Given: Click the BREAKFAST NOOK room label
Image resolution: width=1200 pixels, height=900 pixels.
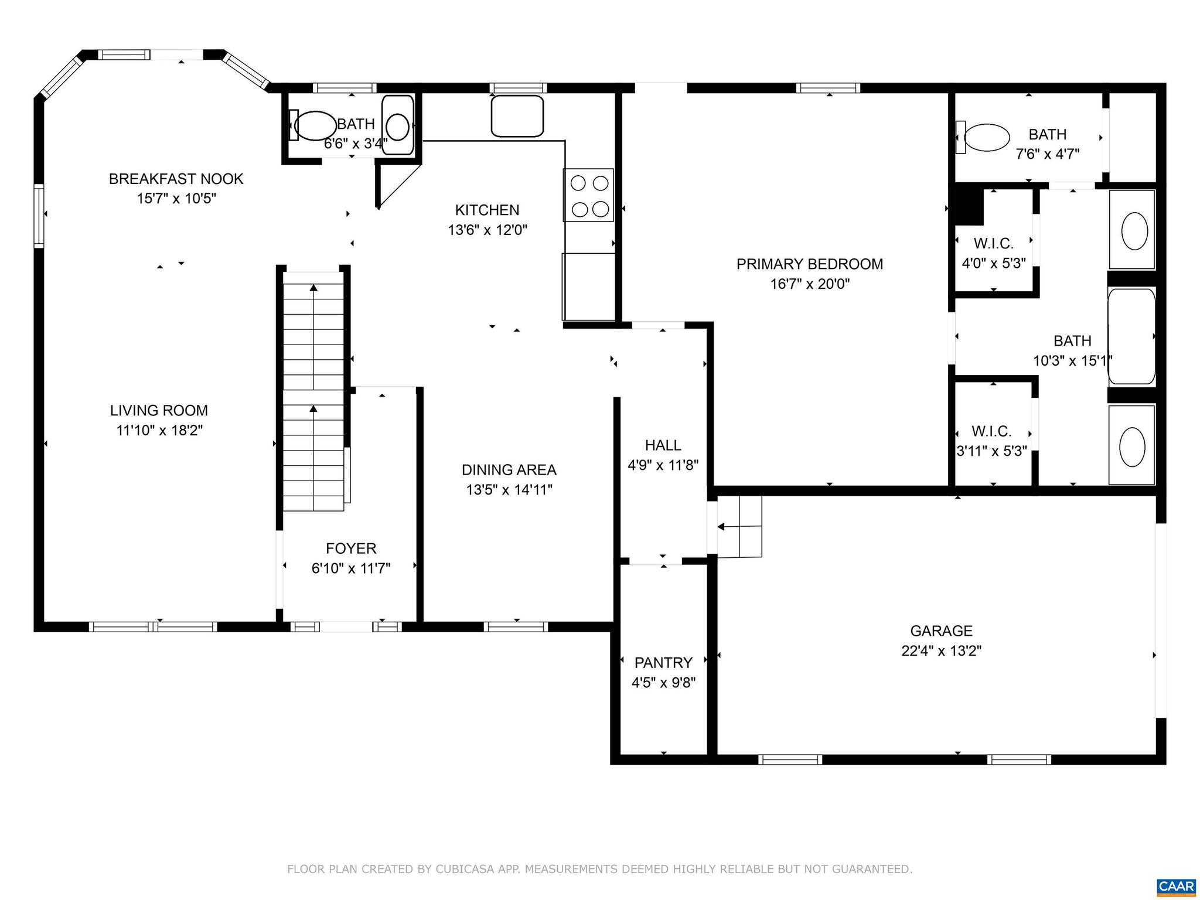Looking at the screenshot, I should click(176, 179).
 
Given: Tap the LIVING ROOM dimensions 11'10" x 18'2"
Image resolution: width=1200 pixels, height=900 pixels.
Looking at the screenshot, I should click(159, 431).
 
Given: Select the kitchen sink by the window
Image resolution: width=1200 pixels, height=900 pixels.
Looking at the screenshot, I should click(517, 116).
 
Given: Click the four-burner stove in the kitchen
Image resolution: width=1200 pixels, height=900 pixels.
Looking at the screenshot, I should click(588, 195).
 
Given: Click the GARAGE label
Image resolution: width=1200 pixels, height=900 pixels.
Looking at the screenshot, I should click(941, 631).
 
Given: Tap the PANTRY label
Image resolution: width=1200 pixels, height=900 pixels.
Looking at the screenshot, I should click(663, 663).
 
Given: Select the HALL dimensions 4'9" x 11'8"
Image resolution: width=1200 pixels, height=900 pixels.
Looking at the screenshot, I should click(663, 466).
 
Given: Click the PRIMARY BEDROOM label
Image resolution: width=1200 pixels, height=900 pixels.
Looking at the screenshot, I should click(809, 264).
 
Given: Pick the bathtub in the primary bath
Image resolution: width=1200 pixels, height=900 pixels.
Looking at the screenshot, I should click(1131, 336).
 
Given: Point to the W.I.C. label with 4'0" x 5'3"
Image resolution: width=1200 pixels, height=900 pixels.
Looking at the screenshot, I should click(993, 243).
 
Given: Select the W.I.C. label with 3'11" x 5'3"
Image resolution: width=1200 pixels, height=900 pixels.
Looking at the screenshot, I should click(991, 432).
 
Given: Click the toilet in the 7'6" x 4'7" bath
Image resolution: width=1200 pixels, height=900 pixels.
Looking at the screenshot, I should click(986, 138).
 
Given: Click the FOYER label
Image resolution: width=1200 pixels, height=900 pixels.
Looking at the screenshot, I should click(351, 548).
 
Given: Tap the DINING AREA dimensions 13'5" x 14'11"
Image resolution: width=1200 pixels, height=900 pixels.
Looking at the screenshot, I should click(509, 490).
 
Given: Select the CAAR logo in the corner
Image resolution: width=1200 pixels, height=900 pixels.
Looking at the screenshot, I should click(1176, 887).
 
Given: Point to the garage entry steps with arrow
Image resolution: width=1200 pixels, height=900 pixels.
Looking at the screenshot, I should click(739, 527).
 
